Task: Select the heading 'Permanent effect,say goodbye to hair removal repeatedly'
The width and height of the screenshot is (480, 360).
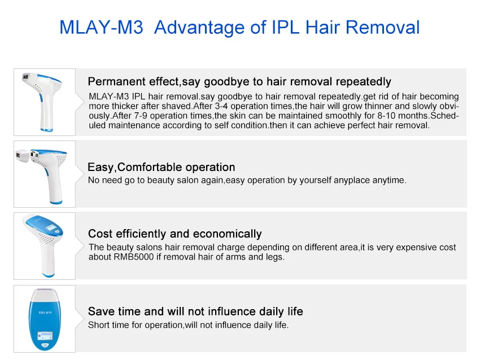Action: [239, 82]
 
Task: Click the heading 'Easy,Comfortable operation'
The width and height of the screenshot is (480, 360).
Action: [161, 167]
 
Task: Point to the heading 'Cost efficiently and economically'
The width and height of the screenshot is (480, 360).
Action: [174, 234]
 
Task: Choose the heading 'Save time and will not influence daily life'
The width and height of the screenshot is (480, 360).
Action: [195, 311]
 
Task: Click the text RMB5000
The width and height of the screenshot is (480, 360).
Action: [134, 257]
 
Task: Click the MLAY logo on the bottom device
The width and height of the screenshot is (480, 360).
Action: [45, 311]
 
